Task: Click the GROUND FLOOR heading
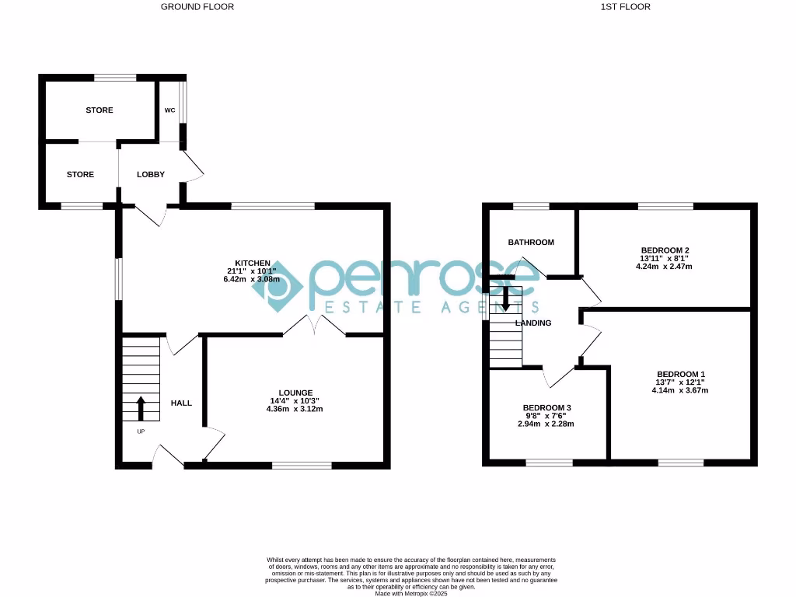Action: [197, 7]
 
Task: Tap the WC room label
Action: [169, 110]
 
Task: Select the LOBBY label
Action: [151, 174]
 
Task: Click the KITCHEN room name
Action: [253, 264]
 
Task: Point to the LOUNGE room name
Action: [296, 393]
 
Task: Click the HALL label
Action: [181, 403]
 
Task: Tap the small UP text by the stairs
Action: [141, 431]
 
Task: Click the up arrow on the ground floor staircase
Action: [141, 407]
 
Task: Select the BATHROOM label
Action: [531, 243]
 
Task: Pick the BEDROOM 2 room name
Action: [664, 249]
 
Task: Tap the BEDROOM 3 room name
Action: [546, 408]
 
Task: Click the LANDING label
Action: [533, 323]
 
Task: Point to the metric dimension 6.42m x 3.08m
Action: [253, 281]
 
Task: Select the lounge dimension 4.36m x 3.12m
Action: [296, 409]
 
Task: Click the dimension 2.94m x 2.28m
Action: [546, 424]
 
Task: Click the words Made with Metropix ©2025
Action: [411, 592]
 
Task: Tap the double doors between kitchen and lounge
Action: [314, 326]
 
